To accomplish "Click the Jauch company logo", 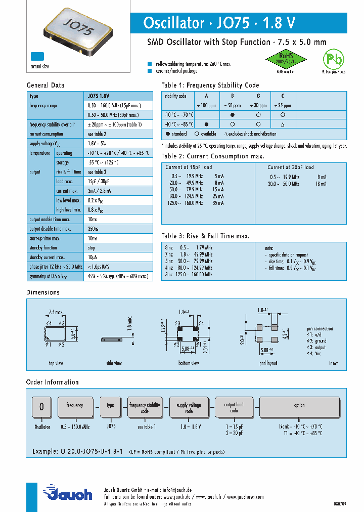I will point(68,493).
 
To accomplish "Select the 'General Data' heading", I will point(45,86).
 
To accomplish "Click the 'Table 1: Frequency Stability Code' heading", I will point(210,86).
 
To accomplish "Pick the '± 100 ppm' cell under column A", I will point(206,105).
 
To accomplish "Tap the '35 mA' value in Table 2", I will point(218,203).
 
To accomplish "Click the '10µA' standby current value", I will point(93,257).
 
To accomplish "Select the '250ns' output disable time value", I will point(94,229).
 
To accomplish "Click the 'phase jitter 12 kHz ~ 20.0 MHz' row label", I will point(55,267).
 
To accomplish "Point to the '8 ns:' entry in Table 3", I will point(169,248).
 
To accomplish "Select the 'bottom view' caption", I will point(189,363).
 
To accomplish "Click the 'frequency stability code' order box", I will point(145,408).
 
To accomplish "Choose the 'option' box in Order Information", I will point(299,405).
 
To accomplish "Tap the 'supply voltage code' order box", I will point(189,408).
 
